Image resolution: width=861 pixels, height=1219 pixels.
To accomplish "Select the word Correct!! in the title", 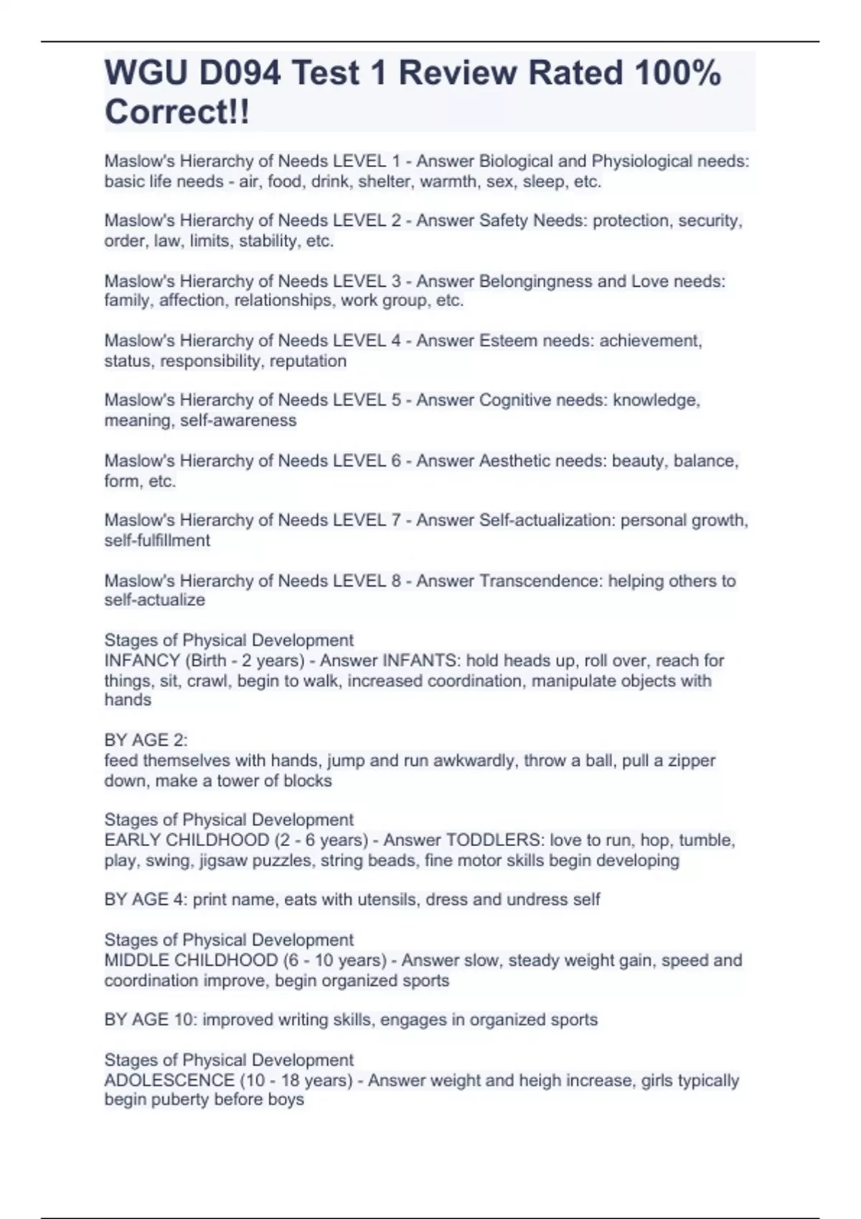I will coord(177,112).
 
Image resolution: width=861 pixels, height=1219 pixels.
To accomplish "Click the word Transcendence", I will coord(541,581).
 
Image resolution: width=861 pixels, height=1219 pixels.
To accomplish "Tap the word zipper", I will coord(690,760).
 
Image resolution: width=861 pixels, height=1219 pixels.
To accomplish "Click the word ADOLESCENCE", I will coord(169,1080).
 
